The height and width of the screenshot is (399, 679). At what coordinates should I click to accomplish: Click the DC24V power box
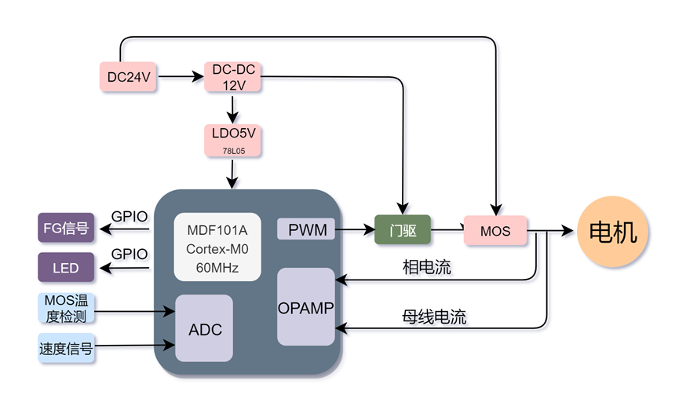coord(129,77)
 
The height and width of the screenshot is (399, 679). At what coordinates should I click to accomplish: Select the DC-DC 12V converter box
coord(233,77)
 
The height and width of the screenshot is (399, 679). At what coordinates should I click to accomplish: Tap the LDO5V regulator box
coord(233,139)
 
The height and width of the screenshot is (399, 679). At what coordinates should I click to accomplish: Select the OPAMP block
coord(306,307)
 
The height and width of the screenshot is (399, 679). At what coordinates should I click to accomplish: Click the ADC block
coord(205,329)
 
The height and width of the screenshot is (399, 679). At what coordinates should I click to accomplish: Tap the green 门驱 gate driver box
coord(402,230)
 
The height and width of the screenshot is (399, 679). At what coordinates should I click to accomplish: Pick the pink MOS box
coord(495,231)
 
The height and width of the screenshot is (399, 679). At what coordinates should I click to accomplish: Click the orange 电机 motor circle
coord(613,232)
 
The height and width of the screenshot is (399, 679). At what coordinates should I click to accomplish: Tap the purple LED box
coord(65,268)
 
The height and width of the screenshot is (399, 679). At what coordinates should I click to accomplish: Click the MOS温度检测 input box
coord(66,309)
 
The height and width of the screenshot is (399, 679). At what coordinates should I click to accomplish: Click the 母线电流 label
coord(434,317)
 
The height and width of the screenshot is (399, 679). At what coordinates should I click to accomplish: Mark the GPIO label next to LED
coord(130,254)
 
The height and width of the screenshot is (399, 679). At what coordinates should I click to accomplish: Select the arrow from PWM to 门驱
coord(356,230)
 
